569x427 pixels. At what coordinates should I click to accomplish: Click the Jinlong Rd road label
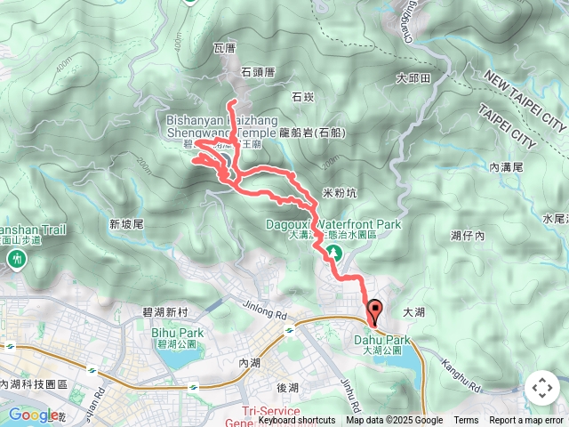(x=266, y=310)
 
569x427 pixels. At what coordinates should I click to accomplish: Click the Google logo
(x=34, y=414)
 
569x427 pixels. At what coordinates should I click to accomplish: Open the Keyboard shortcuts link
(x=297, y=421)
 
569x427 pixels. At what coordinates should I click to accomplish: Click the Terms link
(x=466, y=421)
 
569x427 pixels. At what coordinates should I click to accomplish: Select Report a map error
(x=526, y=421)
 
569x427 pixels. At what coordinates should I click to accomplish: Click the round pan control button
(x=541, y=388)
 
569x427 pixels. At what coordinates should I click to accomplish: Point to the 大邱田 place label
(x=413, y=79)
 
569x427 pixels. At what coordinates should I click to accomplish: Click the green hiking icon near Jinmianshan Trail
(x=16, y=259)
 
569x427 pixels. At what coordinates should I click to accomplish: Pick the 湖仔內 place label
(x=468, y=236)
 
